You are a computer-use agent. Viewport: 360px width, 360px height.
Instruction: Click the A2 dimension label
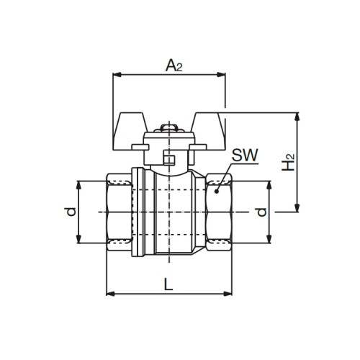point(174,66)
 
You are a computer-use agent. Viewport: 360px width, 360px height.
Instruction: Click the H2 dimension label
point(288,163)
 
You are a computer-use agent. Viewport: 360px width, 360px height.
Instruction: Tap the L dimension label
point(168,284)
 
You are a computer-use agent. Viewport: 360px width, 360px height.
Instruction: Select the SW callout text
point(245,155)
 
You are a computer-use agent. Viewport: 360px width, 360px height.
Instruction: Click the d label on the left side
point(71,212)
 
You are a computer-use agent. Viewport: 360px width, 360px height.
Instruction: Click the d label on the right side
point(261,212)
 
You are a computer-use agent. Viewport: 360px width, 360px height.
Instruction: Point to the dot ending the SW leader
point(216,192)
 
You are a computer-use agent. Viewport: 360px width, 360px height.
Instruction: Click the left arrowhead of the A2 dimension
point(117,75)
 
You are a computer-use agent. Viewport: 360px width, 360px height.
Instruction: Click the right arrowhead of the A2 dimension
point(221,75)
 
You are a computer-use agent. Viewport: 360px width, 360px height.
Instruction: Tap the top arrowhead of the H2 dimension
point(297,117)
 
